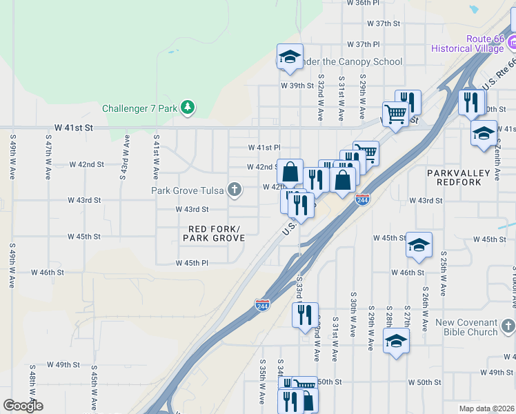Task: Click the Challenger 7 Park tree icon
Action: point(187,108)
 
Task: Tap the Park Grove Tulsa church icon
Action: point(235,190)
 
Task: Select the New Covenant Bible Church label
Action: point(466,327)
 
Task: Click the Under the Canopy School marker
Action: point(290,57)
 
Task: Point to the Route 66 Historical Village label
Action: point(467,43)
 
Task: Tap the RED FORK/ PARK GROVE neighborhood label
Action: point(214,233)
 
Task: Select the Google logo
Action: point(23,406)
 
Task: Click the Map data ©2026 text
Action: point(486,408)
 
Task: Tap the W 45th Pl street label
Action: point(192,263)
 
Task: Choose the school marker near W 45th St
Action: point(419,245)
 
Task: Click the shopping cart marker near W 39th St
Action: point(395,113)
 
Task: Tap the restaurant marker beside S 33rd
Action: point(305,315)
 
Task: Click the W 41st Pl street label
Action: point(264,148)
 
